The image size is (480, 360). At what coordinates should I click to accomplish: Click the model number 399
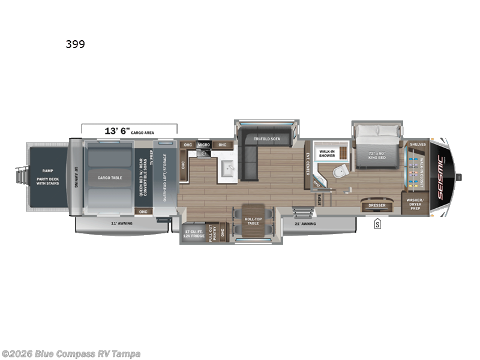76,44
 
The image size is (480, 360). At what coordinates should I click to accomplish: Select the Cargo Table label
109,178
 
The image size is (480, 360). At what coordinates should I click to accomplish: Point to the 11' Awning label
122,223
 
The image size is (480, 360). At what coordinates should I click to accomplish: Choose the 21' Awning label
306,223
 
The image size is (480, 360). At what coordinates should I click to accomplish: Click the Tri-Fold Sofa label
267,139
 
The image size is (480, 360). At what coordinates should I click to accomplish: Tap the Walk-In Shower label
327,153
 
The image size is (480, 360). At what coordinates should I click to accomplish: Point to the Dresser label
377,206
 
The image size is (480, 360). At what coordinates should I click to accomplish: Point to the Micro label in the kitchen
203,145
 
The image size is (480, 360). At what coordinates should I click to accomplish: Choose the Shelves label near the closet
418,145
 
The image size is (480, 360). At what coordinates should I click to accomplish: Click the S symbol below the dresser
377,225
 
